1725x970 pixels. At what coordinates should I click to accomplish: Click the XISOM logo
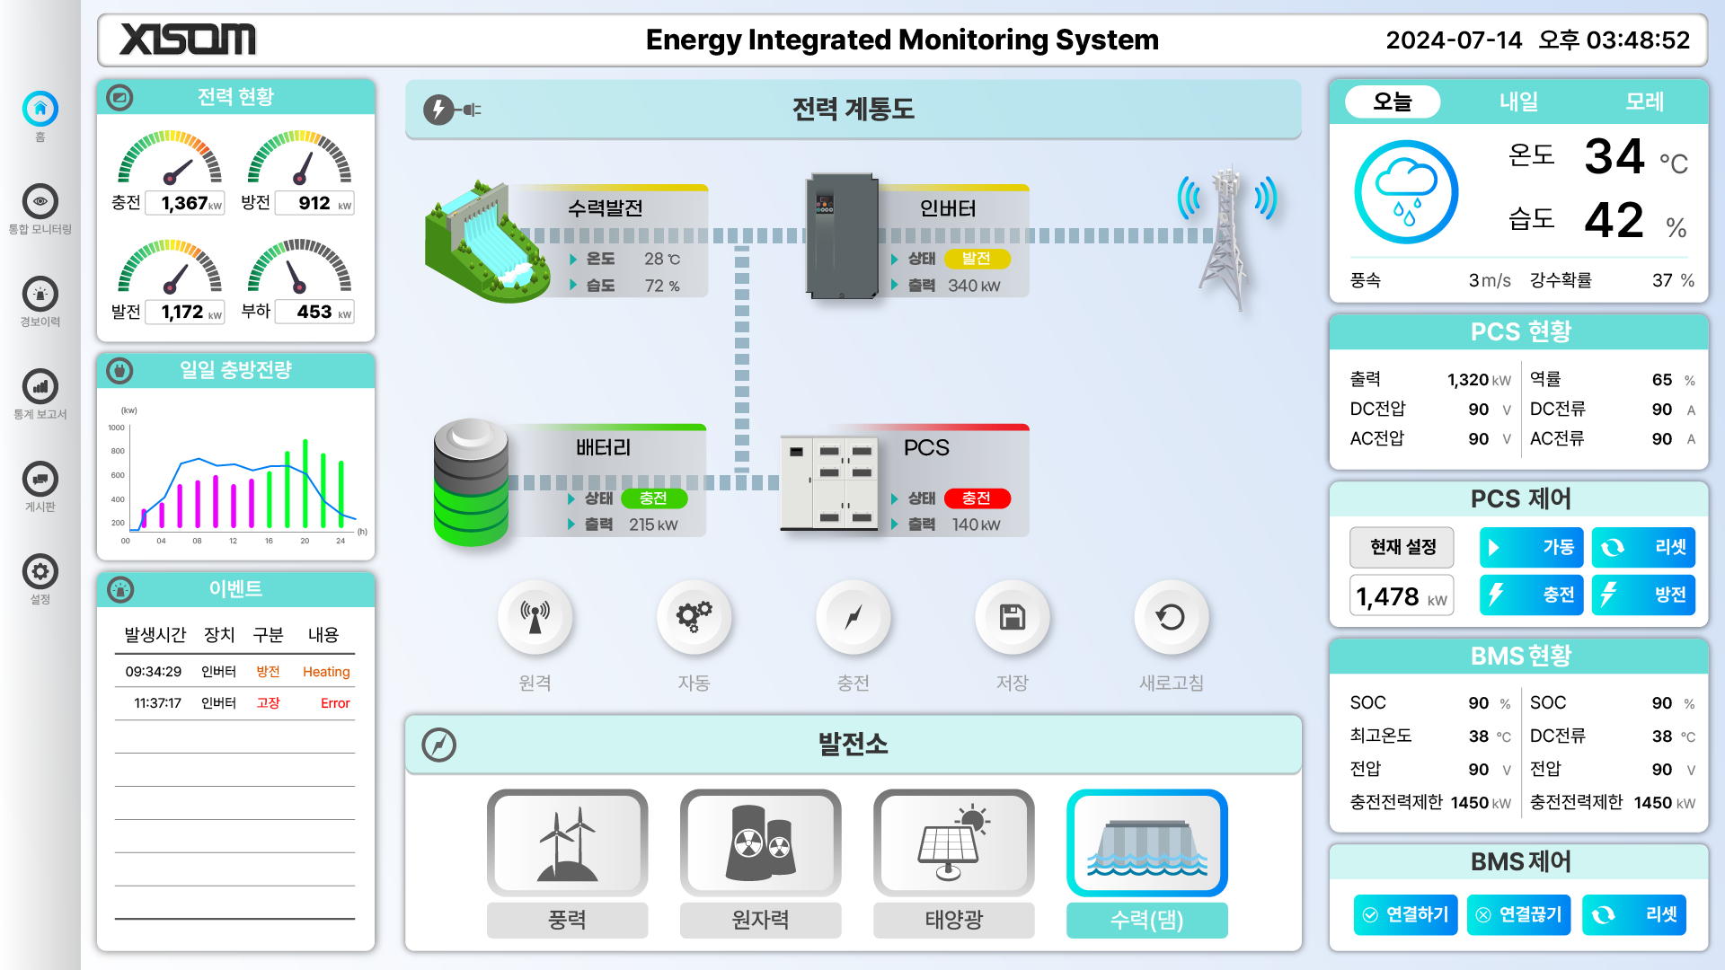[188, 40]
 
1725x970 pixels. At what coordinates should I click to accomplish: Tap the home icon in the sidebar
[40, 110]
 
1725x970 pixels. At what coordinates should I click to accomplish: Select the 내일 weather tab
[1518, 101]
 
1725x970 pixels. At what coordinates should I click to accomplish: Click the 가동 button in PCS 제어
[1531, 547]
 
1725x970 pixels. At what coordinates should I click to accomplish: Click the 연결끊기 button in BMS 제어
[1518, 914]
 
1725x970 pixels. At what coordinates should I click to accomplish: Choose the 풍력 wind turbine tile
[567, 844]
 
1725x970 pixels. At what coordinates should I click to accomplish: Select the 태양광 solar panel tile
[953, 844]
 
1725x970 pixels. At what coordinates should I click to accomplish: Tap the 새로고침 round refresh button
[1171, 618]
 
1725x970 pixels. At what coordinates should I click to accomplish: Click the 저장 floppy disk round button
[1012, 618]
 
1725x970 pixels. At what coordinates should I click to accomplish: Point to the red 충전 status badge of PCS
[977, 498]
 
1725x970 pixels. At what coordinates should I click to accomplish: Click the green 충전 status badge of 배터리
[653, 498]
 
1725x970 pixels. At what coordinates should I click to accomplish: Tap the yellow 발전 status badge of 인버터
[977, 259]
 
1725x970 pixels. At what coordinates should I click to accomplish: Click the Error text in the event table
[335, 703]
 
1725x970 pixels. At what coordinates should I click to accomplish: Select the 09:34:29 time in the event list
[154, 672]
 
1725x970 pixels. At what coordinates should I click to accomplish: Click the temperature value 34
[1614, 156]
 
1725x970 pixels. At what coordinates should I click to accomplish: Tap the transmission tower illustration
[1226, 238]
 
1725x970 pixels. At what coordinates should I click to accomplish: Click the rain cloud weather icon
[1406, 192]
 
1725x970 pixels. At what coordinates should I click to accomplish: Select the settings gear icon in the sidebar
[40, 572]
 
